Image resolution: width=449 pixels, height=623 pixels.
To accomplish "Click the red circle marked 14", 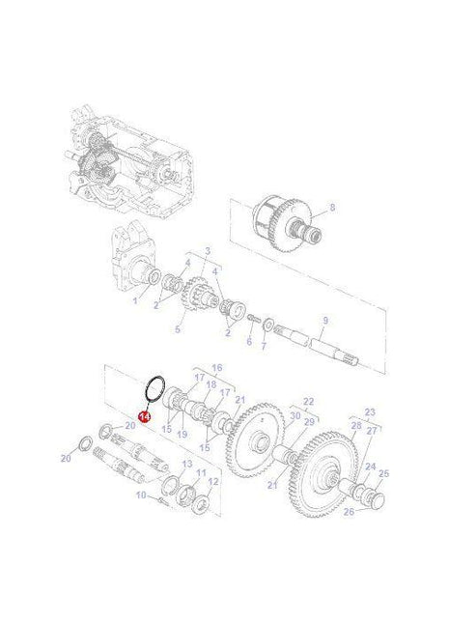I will [x=144, y=417].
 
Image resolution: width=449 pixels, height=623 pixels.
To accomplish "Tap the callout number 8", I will [x=332, y=208].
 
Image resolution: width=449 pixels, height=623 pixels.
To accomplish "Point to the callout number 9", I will [x=325, y=321].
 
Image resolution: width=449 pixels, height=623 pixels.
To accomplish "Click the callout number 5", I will [x=178, y=329].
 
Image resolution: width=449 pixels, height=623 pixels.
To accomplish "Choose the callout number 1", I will [x=135, y=300].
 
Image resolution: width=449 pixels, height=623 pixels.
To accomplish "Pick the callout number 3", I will [x=205, y=250].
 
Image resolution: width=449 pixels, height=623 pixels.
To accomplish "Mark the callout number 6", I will [x=248, y=342].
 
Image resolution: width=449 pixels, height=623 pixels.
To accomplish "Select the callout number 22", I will [x=282, y=401].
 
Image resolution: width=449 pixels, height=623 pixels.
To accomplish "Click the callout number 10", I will [x=140, y=495].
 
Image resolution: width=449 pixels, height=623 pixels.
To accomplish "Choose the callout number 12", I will [x=213, y=481].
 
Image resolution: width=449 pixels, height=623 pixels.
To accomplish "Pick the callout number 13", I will [x=187, y=465].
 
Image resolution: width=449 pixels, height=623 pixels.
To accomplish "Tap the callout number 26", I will [x=349, y=511].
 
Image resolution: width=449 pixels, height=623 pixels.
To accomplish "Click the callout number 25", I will [x=383, y=473].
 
